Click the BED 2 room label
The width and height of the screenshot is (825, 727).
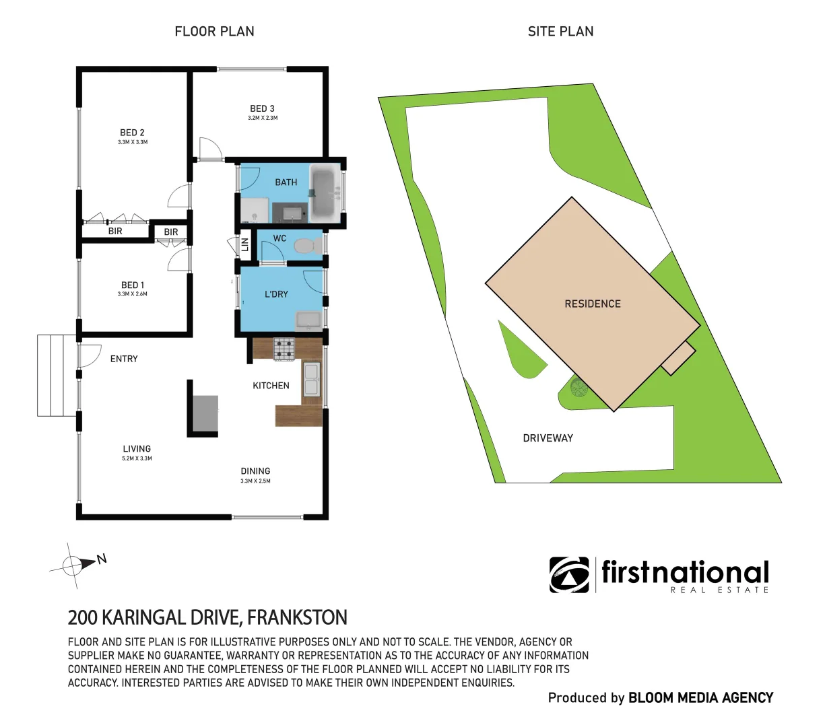coord(132,133)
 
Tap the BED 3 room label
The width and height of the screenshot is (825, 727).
coord(262,108)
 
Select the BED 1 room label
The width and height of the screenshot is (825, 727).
coord(132,285)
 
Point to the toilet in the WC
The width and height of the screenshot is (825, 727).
coord(308,246)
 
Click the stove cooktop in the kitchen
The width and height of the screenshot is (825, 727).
coord(284,348)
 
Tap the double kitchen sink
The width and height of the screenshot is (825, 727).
coord(310,379)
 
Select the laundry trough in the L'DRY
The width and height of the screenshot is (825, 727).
coord(310,319)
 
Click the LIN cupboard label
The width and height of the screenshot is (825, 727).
coord(245,244)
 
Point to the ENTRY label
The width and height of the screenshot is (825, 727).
coord(124,359)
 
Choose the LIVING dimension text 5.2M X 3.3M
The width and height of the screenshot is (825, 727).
coord(137,458)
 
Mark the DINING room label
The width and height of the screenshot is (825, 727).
coord(255,471)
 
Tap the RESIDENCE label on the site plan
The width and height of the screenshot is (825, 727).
coord(593,304)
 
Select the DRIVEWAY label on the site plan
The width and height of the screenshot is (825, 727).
coord(548,438)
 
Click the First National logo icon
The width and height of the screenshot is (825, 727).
coord(569,575)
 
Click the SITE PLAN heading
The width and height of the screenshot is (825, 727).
coord(560,31)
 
